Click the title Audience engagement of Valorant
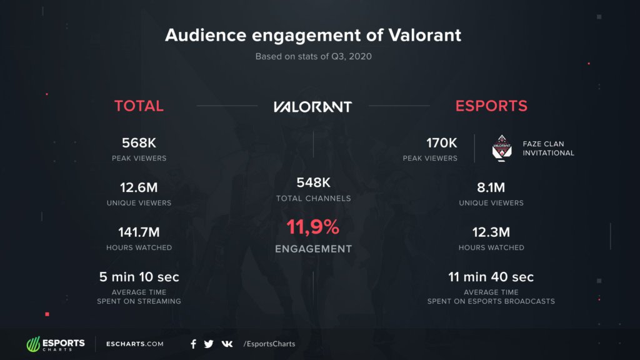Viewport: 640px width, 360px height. [313, 35]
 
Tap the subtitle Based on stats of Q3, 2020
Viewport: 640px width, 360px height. [313, 56]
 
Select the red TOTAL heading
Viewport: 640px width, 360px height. [139, 106]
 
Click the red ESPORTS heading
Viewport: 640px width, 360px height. [491, 106]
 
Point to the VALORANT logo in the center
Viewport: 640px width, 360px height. [312, 106]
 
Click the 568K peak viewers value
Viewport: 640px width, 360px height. [139, 143]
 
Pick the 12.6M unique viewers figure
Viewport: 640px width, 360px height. [139, 187]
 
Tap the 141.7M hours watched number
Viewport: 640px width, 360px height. [139, 232]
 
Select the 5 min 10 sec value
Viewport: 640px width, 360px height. [139, 277]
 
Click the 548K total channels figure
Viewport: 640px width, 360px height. [313, 183]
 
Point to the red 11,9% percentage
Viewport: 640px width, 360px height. [313, 227]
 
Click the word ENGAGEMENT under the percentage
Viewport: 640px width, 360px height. [313, 249]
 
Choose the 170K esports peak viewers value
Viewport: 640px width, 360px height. [442, 143]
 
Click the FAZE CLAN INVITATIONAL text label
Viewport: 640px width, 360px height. [548, 148]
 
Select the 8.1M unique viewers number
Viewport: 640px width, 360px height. [491, 187]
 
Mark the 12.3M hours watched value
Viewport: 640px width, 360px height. [491, 232]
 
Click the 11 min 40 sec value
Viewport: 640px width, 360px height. [491, 277]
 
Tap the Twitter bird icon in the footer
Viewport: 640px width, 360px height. [209, 344]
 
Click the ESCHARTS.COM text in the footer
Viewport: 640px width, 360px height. [135, 344]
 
